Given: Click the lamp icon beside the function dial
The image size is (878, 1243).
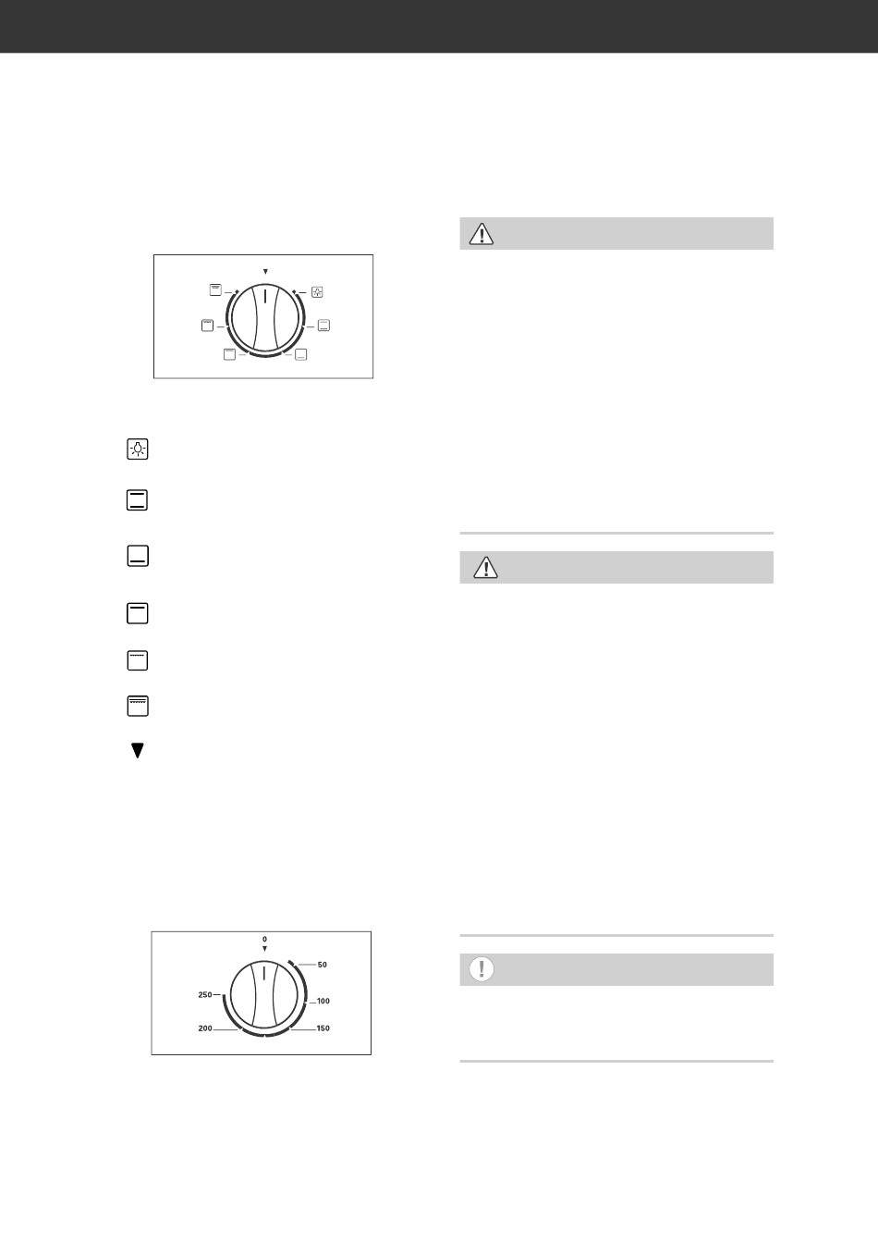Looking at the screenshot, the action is tap(317, 292).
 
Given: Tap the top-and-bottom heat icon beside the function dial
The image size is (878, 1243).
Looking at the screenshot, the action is tap(323, 326).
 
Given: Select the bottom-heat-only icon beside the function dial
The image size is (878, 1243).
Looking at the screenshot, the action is tap(301, 354).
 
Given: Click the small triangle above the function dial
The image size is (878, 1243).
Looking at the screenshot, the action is tap(265, 272).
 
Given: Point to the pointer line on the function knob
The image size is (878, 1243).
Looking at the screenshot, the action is tap(265, 296).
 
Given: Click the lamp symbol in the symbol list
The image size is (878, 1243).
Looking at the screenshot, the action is tap(138, 449).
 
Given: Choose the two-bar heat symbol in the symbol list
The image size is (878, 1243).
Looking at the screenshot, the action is tap(138, 500).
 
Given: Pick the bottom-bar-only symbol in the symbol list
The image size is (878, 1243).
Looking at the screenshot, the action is tap(138, 556).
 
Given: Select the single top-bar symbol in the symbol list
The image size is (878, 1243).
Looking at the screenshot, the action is tap(138, 614).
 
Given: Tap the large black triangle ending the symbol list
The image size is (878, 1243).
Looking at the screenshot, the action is tap(138, 750).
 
